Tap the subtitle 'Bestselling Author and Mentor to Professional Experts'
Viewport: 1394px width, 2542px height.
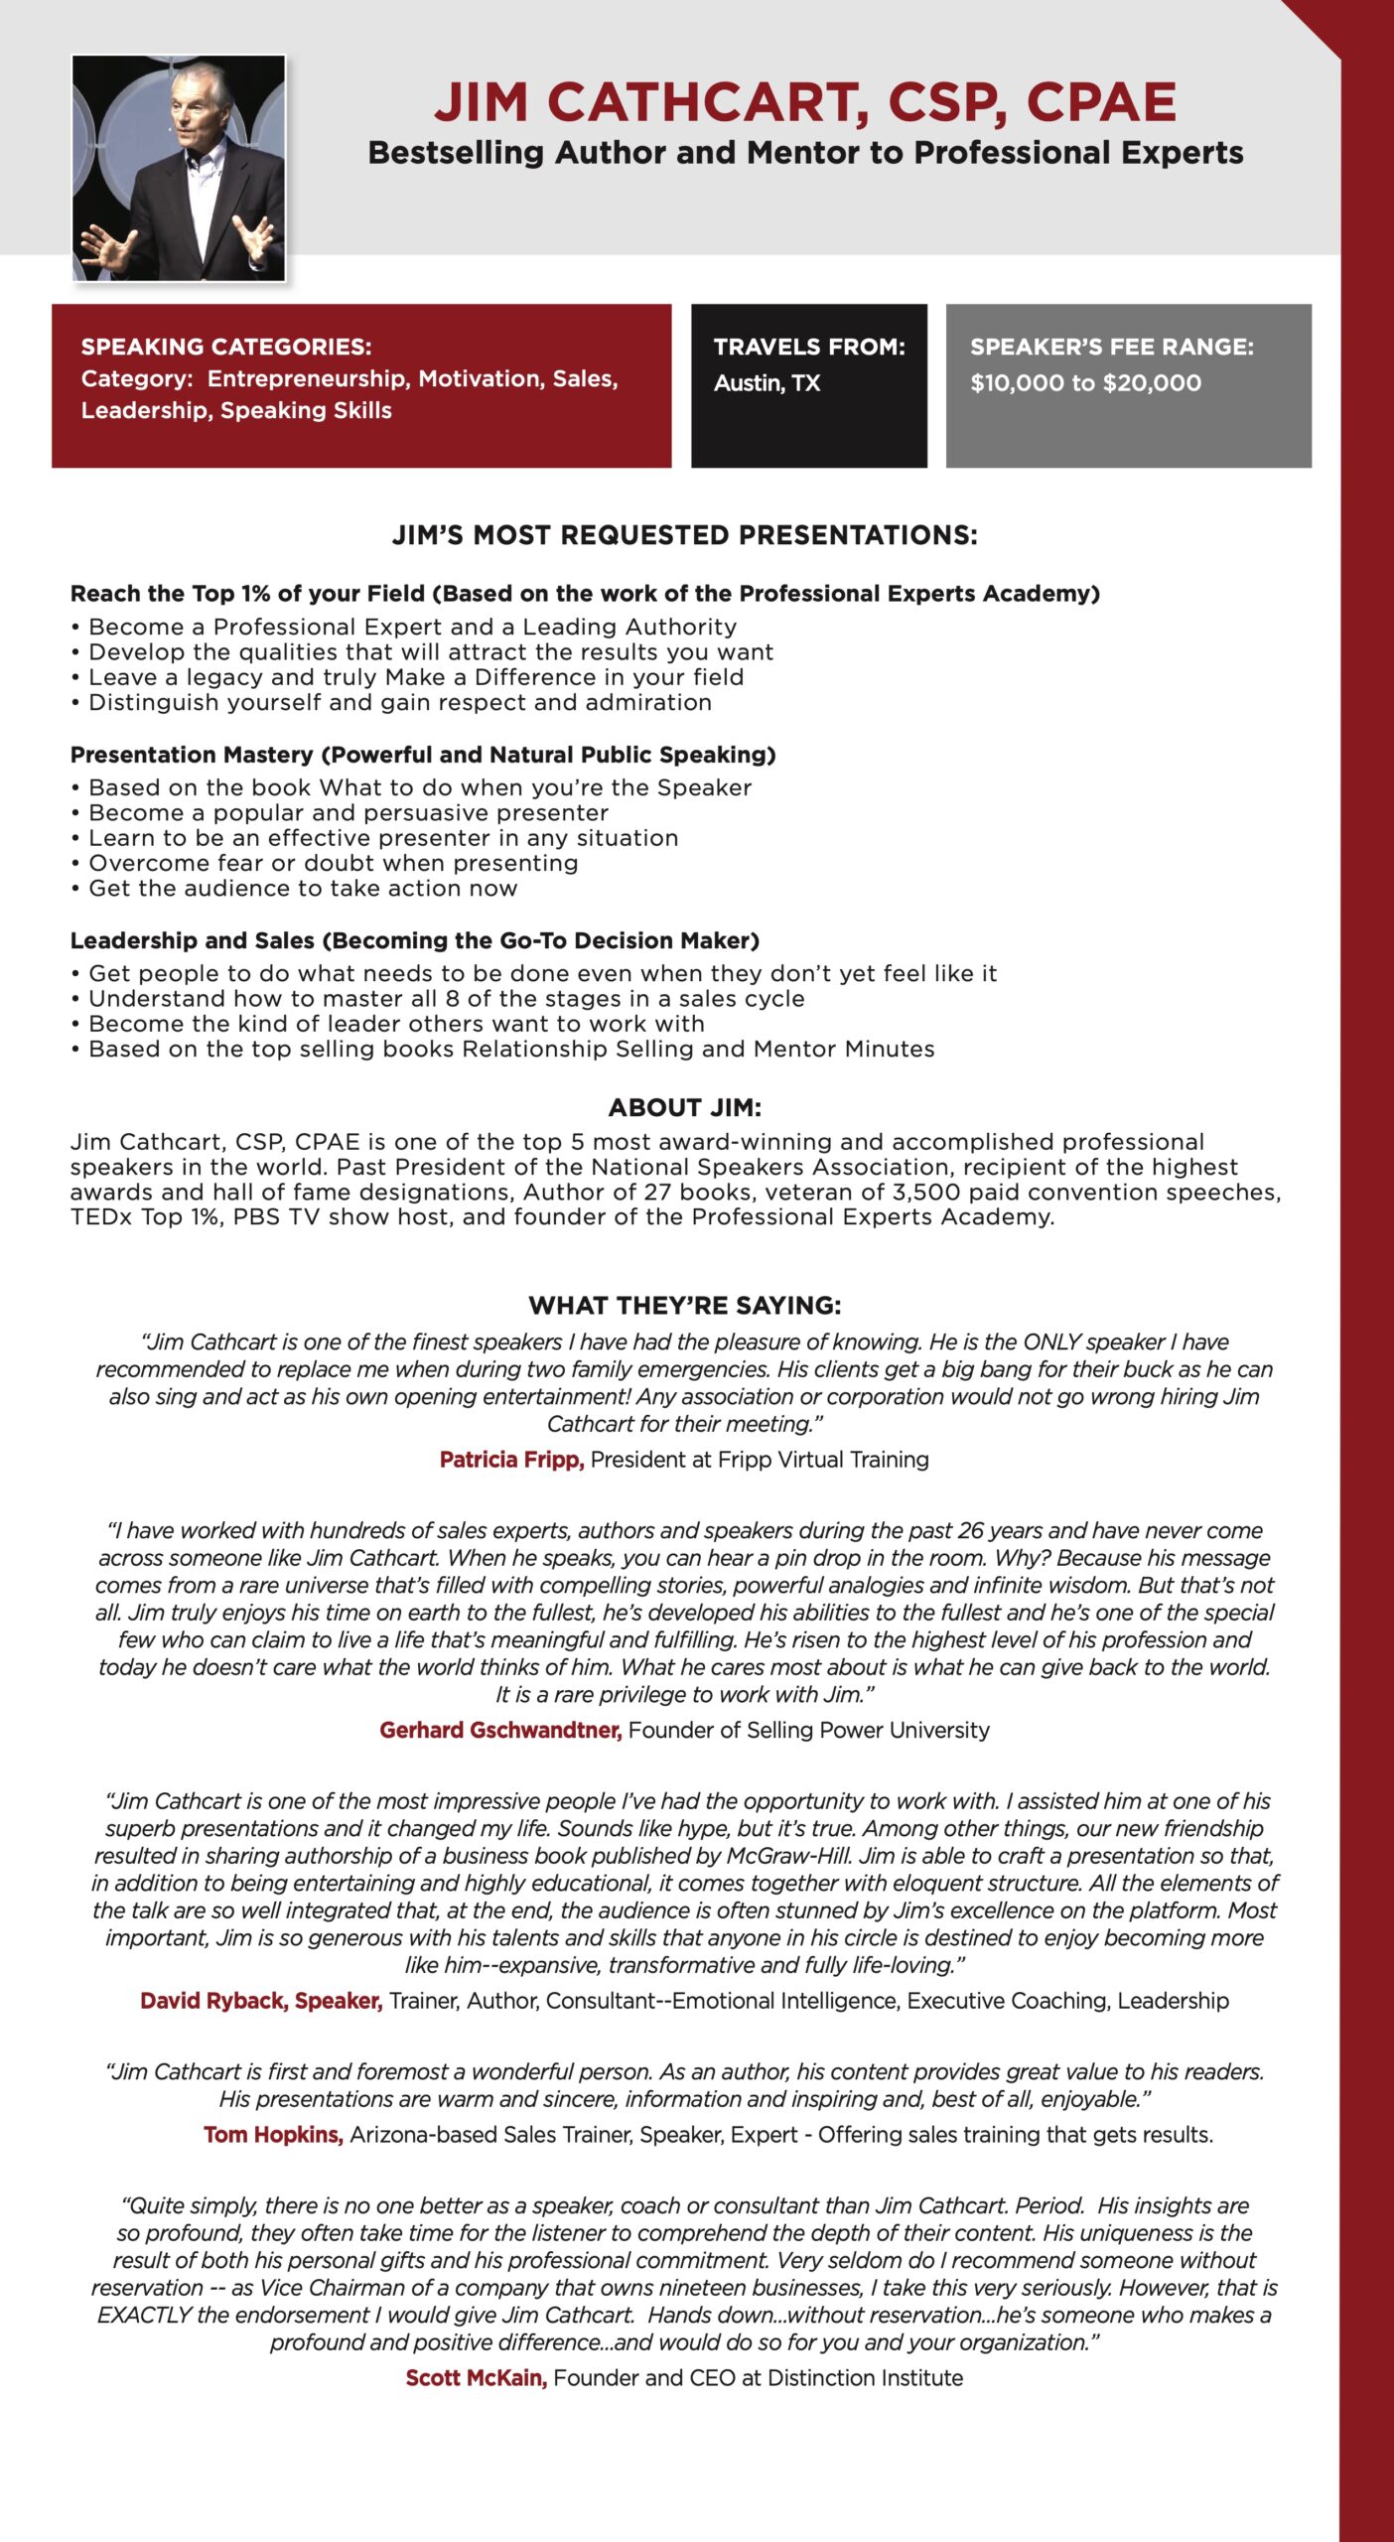click(805, 153)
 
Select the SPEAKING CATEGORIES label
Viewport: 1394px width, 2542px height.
click(226, 347)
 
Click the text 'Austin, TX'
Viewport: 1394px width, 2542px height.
click(767, 383)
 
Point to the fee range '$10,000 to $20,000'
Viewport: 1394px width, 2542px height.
click(1085, 383)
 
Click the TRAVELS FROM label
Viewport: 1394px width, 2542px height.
click(809, 347)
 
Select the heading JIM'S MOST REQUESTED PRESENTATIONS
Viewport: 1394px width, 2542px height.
click(684, 536)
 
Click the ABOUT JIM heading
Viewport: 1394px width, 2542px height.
click(684, 1107)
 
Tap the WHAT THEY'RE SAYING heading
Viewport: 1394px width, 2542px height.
click(684, 1305)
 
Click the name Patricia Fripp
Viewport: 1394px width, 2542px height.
click(511, 1460)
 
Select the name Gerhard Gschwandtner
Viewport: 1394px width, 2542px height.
click(500, 1731)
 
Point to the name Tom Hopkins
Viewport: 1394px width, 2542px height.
click(273, 2135)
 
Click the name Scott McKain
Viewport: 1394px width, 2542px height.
click(476, 2378)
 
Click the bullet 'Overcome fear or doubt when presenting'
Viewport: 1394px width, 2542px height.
click(333, 863)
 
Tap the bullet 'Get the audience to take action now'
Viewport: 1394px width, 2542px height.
click(303, 889)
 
